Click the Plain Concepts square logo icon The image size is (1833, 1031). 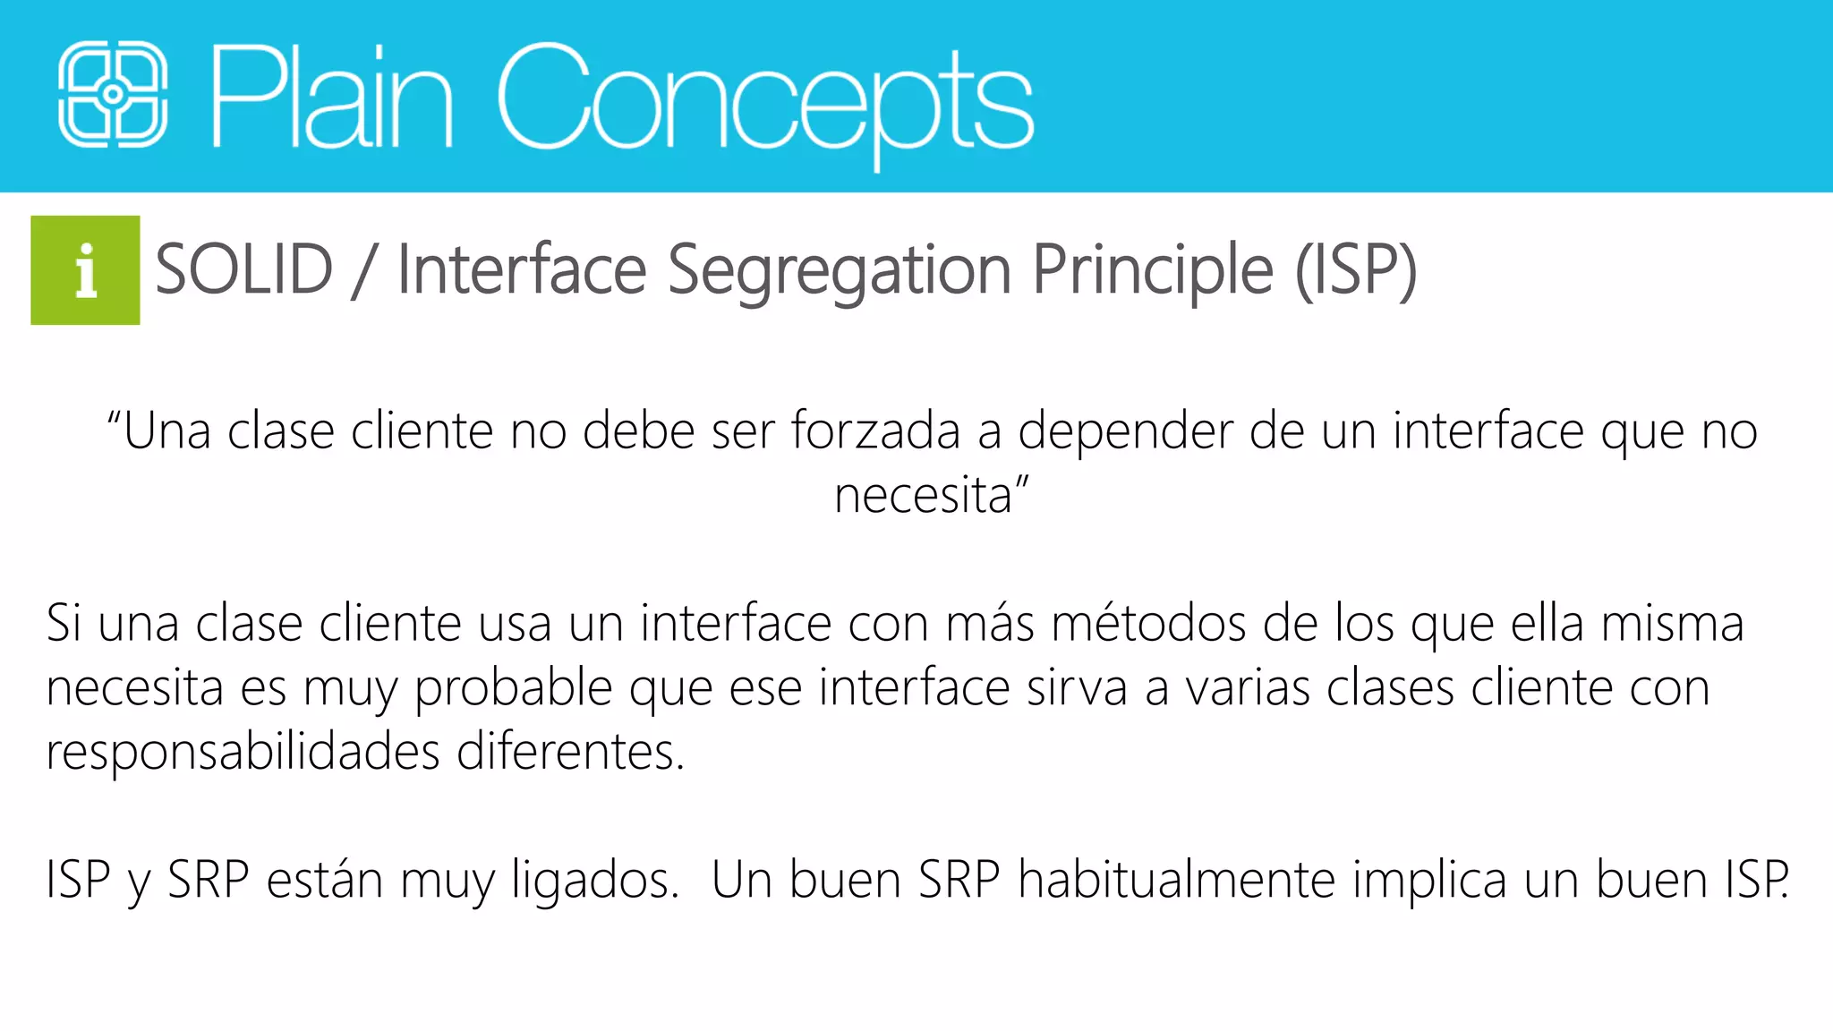113,94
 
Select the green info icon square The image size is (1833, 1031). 85,270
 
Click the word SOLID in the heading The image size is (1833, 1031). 244,269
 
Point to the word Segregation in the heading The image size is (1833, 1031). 840,271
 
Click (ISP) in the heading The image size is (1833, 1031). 1356,269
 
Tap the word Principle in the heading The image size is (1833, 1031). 1153,271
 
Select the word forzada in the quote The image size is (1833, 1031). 875,431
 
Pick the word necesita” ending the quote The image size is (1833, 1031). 931,496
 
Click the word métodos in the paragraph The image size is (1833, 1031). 1148,624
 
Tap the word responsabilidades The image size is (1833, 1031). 243,753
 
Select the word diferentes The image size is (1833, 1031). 570,752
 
